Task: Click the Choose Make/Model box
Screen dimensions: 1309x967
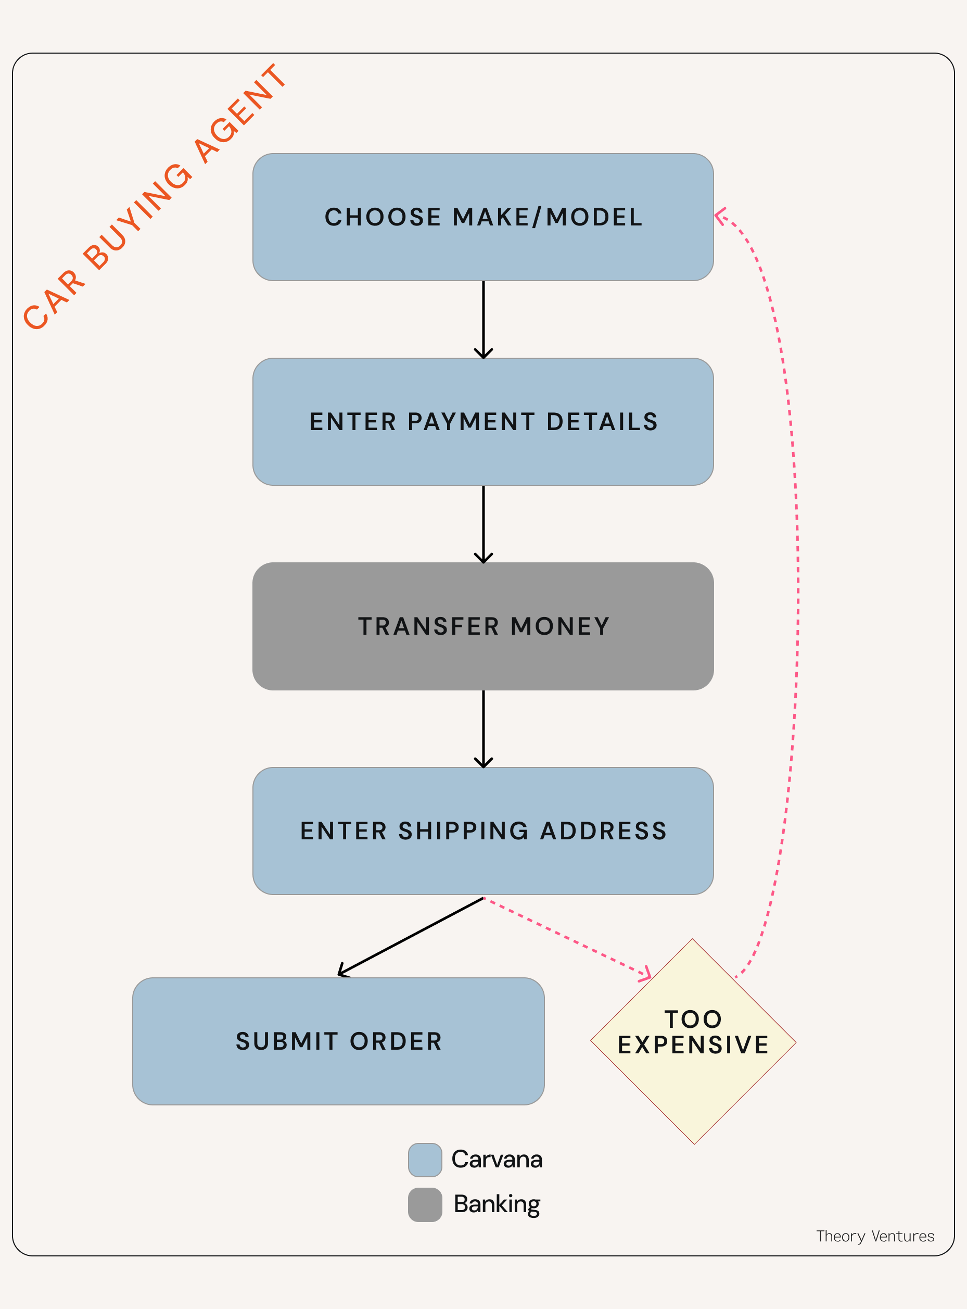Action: (x=483, y=217)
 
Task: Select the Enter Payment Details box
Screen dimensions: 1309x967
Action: (x=483, y=422)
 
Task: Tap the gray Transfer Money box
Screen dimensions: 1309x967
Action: (x=483, y=626)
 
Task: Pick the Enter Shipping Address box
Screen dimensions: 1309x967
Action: (x=483, y=830)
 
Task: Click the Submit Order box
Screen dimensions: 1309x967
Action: (x=338, y=1041)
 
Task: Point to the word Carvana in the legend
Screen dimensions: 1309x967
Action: (x=497, y=1160)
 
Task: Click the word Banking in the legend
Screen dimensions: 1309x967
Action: (x=497, y=1204)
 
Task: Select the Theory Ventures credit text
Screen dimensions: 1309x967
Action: (x=875, y=1236)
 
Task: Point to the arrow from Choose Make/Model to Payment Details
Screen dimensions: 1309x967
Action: (x=483, y=319)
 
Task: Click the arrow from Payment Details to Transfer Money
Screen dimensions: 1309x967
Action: (x=483, y=524)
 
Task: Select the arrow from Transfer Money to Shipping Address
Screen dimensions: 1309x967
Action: (x=483, y=728)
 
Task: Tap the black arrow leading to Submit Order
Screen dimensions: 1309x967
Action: (x=410, y=937)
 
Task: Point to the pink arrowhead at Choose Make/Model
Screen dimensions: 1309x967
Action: (x=720, y=216)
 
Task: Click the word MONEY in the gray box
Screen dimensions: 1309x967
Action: (x=560, y=626)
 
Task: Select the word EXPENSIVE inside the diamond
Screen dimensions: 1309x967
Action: (x=693, y=1045)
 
